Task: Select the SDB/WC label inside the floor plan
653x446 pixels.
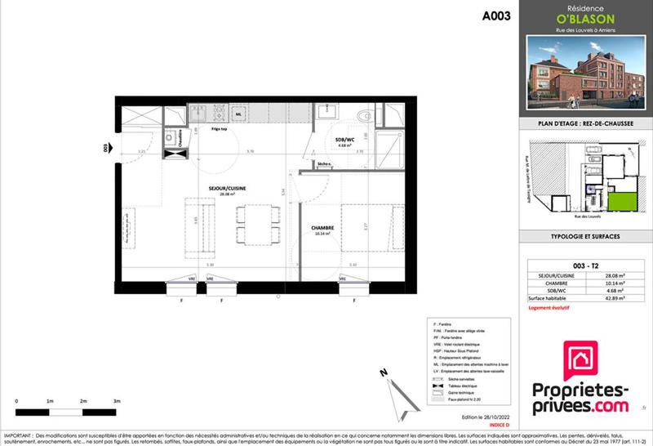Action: (x=346, y=140)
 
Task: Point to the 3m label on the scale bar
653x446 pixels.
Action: (x=117, y=402)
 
